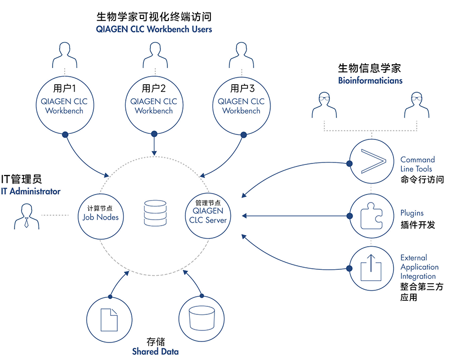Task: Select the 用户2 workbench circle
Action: (x=154, y=101)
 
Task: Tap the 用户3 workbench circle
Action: (x=242, y=101)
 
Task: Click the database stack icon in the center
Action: (x=154, y=213)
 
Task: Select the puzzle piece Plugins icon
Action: (x=371, y=216)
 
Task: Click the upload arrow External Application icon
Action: (x=371, y=268)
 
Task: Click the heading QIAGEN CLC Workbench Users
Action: (x=154, y=30)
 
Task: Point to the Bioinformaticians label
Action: (x=370, y=80)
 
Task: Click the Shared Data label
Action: (x=155, y=351)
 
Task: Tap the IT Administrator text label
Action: (x=31, y=191)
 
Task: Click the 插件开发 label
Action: (x=418, y=225)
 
